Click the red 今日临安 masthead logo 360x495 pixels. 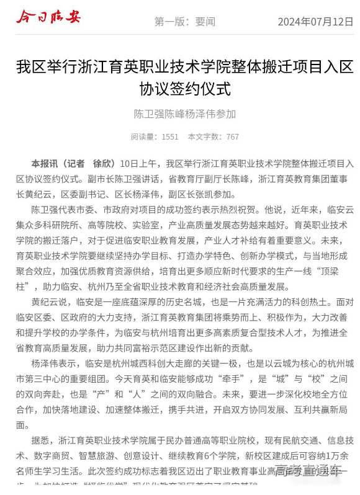coord(48,18)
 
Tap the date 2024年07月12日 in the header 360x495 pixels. coord(315,22)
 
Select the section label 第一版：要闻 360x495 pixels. coord(184,22)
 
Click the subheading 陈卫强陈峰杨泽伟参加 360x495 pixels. coord(185,114)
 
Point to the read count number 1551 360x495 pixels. coord(169,136)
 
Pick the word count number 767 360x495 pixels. coord(232,136)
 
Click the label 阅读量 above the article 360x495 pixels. coord(142,136)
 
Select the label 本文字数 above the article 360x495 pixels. coord(202,136)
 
